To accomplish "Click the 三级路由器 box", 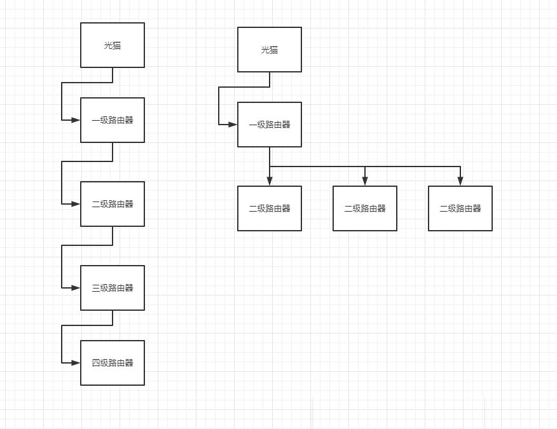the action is (113, 288).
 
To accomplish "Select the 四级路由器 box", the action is (113, 363).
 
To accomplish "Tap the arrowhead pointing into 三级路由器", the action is (76, 288).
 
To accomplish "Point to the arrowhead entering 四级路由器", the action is (76, 363).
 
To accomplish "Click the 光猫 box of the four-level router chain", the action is (113, 45).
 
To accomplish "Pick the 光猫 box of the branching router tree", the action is (269, 50).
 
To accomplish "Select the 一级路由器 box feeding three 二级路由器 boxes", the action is (269, 125).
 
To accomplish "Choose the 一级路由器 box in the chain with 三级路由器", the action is (113, 120).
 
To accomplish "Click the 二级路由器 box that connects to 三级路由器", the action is (113, 204).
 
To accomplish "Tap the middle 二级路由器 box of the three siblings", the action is (365, 208).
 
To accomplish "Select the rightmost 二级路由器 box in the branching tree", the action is (460, 208).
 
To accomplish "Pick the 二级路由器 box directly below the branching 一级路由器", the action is (269, 208).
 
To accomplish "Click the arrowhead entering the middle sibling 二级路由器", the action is (365, 181).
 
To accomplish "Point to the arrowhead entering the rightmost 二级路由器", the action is (460, 181).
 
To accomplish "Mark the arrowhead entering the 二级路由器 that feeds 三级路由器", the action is (76, 204).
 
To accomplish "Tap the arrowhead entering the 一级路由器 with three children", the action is (233, 125).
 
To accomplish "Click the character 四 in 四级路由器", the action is (95, 363).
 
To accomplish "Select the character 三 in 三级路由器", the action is (95, 288).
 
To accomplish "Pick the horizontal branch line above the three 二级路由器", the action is (365, 167).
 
